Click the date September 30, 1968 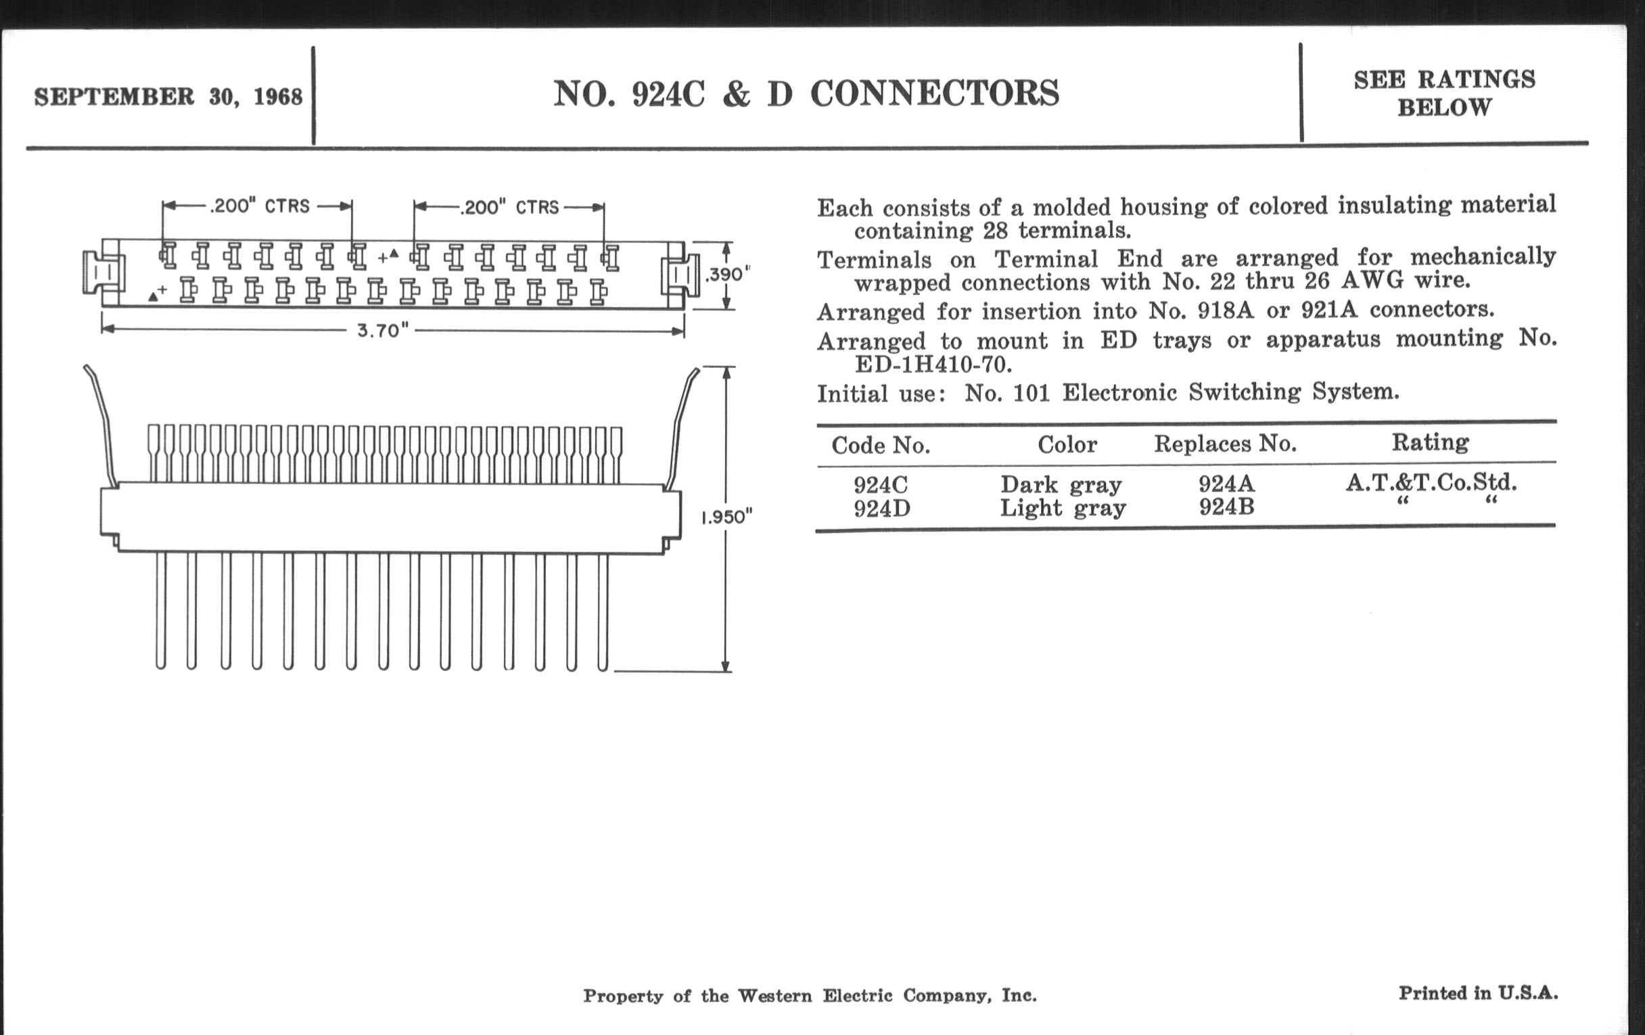pyautogui.click(x=168, y=97)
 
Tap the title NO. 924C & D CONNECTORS pyautogui.click(x=806, y=94)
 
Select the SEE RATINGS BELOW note pyautogui.click(x=1444, y=93)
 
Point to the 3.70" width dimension pyautogui.click(x=383, y=331)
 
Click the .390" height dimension pyautogui.click(x=728, y=275)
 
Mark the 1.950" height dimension pyautogui.click(x=727, y=517)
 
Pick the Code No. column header pyautogui.click(x=881, y=445)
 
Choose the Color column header pyautogui.click(x=1067, y=444)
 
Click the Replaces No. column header pyautogui.click(x=1226, y=444)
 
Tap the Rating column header pyautogui.click(x=1431, y=442)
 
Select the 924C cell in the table pyautogui.click(x=881, y=485)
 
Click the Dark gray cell pyautogui.click(x=1061, y=485)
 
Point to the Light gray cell pyautogui.click(x=1062, y=508)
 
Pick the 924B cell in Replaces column pyautogui.click(x=1226, y=507)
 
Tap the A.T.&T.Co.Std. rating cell pyautogui.click(x=1431, y=483)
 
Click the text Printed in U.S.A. pyautogui.click(x=1479, y=993)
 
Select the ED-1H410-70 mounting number pyautogui.click(x=933, y=365)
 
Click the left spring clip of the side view pyautogui.click(x=101, y=423)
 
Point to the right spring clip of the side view pyautogui.click(x=683, y=423)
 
